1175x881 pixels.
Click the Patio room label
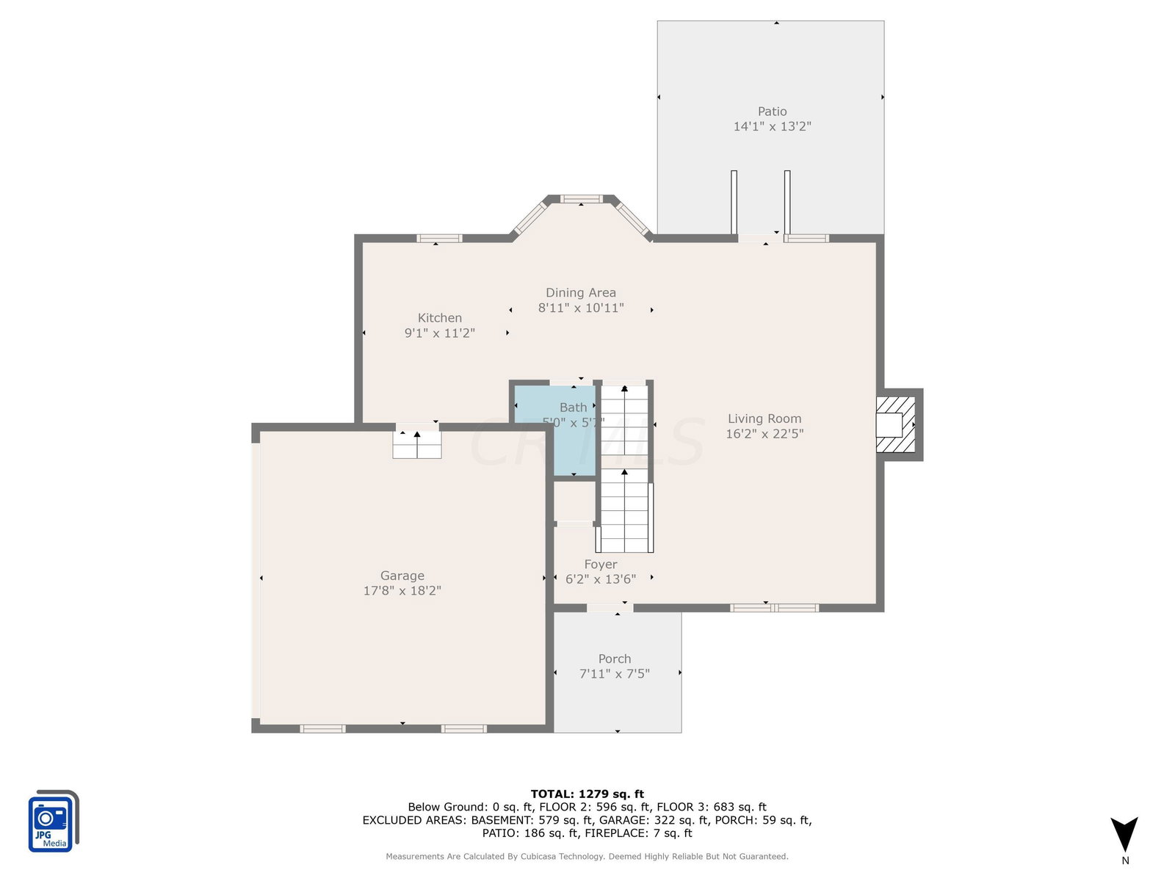click(771, 112)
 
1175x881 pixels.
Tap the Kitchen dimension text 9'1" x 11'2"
click(439, 333)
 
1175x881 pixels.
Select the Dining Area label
click(580, 293)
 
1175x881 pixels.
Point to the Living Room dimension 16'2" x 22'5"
click(764, 433)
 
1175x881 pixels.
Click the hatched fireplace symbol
click(894, 424)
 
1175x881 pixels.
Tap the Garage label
click(402, 575)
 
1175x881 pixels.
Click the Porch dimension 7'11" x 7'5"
click(614, 673)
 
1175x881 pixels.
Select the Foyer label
click(600, 564)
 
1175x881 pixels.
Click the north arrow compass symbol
click(1124, 833)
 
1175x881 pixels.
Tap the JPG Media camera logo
click(54, 821)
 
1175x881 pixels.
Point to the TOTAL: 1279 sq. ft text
click(587, 794)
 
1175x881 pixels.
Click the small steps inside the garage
click(416, 444)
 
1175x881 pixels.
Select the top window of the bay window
click(581, 199)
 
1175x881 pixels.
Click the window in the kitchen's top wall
click(439, 238)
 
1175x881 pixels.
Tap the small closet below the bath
click(574, 501)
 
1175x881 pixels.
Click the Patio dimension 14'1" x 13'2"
click(771, 126)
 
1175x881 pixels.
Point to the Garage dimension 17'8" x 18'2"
click(402, 590)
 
